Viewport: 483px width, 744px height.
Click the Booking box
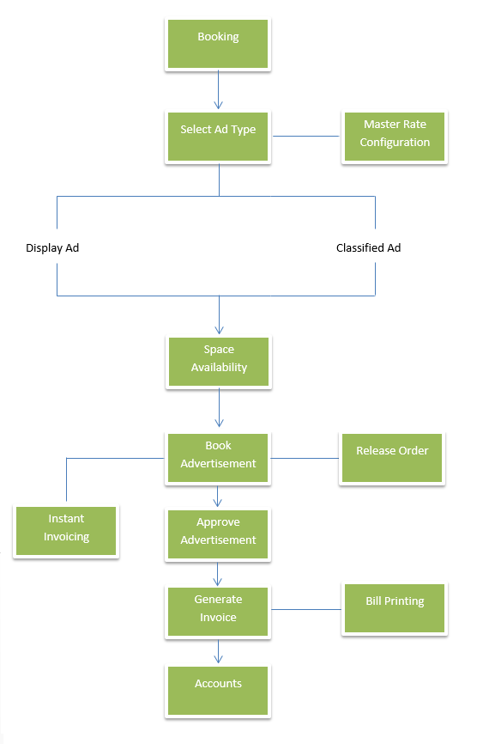click(218, 44)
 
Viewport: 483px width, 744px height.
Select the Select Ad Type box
click(218, 137)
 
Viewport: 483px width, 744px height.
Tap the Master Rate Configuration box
click(395, 137)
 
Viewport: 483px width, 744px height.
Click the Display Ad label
click(52, 247)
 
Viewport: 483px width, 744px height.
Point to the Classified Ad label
click(368, 247)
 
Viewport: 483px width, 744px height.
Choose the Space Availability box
click(219, 362)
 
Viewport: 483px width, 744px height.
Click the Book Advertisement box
click(218, 458)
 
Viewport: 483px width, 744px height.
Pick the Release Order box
click(392, 458)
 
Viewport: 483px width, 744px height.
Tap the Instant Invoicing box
click(66, 531)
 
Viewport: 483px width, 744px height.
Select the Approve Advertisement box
click(218, 534)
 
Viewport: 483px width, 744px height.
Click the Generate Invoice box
click(218, 612)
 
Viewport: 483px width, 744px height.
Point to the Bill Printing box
click(395, 608)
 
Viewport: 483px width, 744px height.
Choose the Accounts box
click(218, 691)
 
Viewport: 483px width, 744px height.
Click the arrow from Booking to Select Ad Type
click(219, 89)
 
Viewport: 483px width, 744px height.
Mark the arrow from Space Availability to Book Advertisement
click(219, 407)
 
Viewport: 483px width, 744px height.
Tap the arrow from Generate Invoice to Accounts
click(219, 651)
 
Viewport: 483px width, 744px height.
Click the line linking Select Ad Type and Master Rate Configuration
click(306, 137)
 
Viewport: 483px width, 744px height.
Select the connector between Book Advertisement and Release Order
click(305, 459)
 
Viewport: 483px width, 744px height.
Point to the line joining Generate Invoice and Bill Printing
click(306, 609)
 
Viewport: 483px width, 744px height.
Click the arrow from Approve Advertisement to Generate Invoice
click(218, 574)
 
